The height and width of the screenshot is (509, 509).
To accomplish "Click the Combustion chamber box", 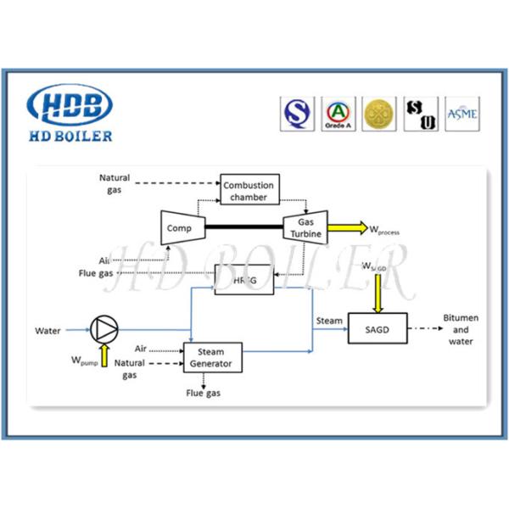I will tap(250, 189).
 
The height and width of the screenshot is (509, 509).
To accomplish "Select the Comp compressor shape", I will tap(179, 227).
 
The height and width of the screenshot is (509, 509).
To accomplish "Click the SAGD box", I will tap(378, 327).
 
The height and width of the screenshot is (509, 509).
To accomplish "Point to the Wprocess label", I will tap(383, 230).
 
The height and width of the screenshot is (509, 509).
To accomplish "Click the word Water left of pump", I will tap(48, 330).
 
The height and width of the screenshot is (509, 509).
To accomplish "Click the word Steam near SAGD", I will tap(329, 321).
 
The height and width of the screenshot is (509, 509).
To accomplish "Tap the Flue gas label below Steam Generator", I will tap(204, 394).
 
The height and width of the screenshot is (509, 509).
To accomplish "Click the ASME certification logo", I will tap(461, 114).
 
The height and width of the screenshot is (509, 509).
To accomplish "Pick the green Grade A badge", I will tap(338, 114).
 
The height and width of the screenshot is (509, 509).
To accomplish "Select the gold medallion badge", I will tap(379, 114).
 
